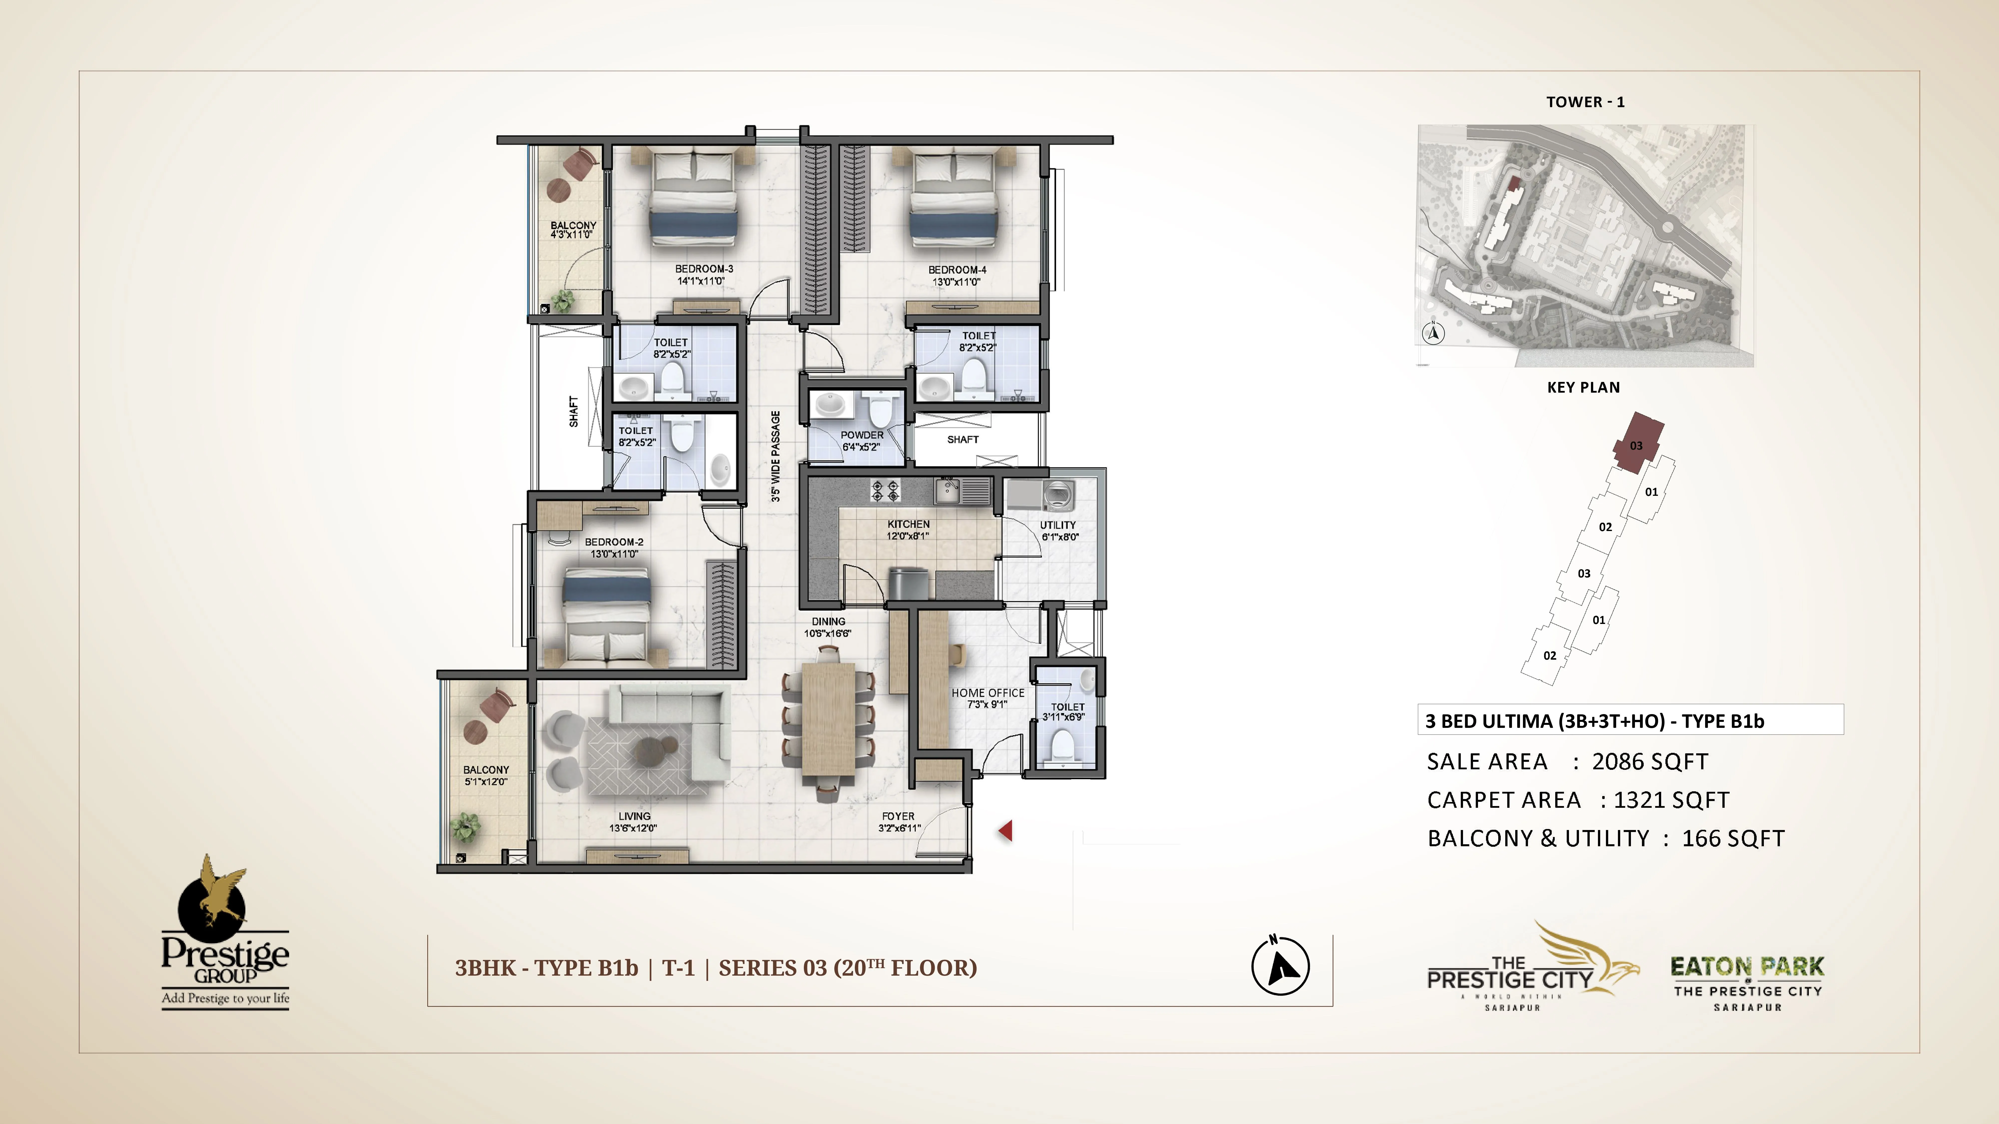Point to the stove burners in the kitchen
(x=885, y=490)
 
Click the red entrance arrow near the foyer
(x=1006, y=831)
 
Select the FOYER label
(x=898, y=816)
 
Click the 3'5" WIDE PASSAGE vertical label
(x=775, y=456)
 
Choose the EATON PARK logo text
(x=1747, y=967)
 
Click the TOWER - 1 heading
(x=1585, y=102)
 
